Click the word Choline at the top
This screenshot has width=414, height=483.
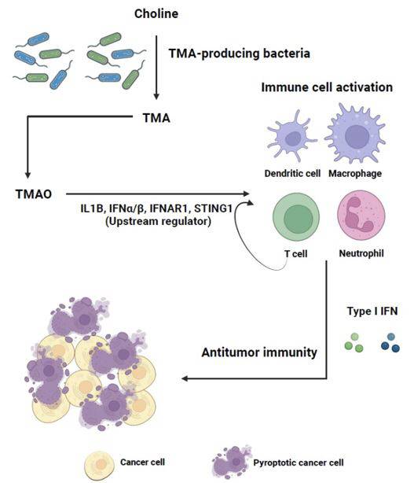pos(156,14)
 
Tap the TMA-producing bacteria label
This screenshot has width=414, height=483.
pos(240,53)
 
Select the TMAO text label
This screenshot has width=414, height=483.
pos(34,194)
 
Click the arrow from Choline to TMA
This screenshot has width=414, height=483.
pos(156,68)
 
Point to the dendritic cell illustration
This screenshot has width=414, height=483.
pos(291,136)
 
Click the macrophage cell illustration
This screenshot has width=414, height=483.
pos(355,134)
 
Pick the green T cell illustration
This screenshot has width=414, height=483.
pos(296,217)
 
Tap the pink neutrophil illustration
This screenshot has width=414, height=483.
pos(361,215)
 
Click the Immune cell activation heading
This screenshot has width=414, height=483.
pos(327,87)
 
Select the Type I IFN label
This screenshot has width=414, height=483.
pos(372,311)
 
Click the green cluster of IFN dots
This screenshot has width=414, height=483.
pos(354,342)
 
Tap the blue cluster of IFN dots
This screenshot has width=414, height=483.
pos(390,342)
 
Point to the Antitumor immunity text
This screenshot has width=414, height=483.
pos(259,352)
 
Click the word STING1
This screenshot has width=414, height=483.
pos(213,208)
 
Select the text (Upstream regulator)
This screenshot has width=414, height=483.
pos(158,222)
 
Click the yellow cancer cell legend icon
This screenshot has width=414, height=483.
pos(99,466)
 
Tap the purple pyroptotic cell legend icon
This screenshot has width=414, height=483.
pos(231,462)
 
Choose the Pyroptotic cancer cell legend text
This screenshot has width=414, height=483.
pos(299,463)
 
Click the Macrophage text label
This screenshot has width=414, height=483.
pos(355,173)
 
